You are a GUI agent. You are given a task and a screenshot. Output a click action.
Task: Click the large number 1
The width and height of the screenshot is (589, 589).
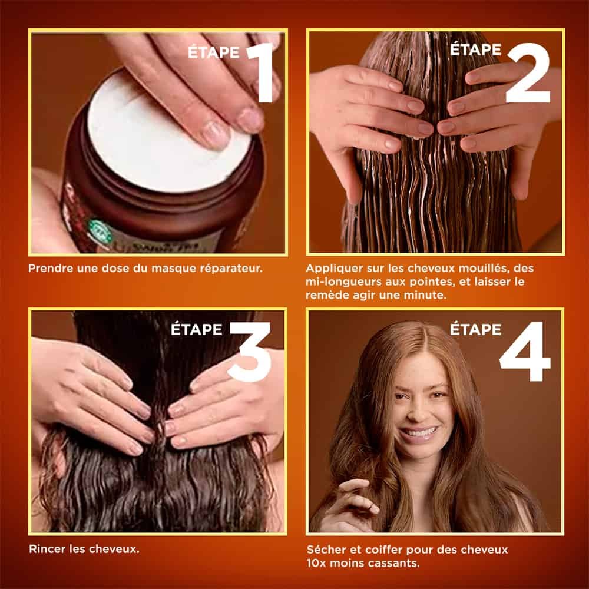pos(263,72)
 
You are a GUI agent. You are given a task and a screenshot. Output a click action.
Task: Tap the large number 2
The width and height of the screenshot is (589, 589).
pos(528,72)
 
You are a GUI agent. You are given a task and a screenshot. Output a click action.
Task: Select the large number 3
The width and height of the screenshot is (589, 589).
pos(249,352)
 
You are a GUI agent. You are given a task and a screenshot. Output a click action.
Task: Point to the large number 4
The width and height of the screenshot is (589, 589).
pos(525,352)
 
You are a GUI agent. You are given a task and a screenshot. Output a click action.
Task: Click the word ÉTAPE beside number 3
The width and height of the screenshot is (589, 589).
pos(197,329)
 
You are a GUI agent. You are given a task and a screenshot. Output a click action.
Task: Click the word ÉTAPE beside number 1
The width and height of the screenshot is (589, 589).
pos(214,52)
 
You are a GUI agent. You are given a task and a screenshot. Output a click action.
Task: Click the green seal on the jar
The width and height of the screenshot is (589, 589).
pos(100,231)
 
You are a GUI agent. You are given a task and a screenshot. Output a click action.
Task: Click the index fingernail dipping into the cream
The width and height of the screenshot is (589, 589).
pos(214,134)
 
